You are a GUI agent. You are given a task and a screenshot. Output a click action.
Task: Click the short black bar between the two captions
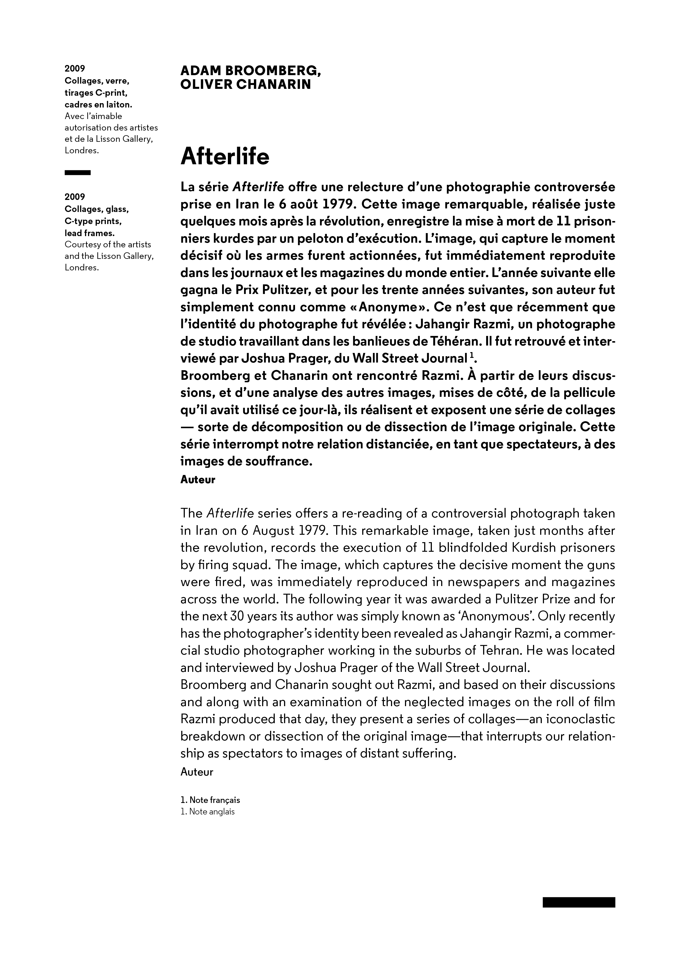(78, 172)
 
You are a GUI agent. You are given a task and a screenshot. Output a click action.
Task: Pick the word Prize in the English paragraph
(556, 599)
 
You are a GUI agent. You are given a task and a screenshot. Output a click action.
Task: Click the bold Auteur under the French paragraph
(198, 480)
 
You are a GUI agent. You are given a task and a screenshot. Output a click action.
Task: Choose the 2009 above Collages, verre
(75, 68)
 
